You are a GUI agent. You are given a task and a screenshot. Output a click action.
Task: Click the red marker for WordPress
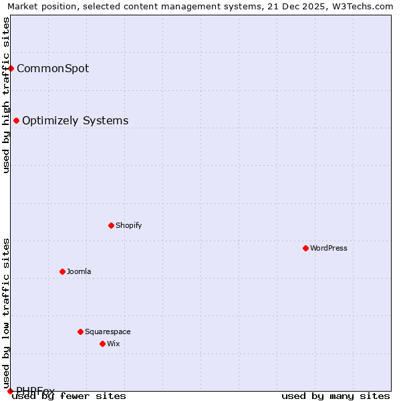(x=305, y=248)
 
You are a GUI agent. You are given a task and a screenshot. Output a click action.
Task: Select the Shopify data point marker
(x=111, y=225)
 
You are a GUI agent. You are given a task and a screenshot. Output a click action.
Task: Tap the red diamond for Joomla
(x=62, y=271)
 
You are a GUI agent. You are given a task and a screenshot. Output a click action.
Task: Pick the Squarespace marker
(x=80, y=331)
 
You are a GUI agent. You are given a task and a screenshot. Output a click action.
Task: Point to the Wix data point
(x=102, y=344)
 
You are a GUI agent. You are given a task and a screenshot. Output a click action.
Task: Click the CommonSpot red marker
(x=11, y=68)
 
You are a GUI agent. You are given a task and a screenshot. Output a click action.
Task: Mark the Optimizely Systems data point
(x=16, y=120)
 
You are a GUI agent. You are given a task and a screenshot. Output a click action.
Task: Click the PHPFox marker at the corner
(x=10, y=391)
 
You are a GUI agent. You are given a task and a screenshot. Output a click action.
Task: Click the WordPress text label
(x=329, y=248)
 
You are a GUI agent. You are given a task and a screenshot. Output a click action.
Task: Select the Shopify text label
(x=129, y=225)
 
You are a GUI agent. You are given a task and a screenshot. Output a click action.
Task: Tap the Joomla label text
(x=79, y=271)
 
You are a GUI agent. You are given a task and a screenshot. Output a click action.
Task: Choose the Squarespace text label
(x=108, y=331)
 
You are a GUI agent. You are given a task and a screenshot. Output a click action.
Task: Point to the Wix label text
(x=114, y=344)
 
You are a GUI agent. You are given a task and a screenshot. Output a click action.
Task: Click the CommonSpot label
(x=53, y=68)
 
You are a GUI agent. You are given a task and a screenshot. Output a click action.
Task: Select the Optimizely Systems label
(x=76, y=120)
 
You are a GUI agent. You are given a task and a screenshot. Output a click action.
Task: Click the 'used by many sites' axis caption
(x=336, y=396)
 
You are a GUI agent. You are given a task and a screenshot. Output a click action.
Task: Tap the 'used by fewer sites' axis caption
(x=69, y=396)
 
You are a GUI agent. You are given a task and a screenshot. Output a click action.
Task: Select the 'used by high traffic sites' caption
(x=6, y=95)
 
